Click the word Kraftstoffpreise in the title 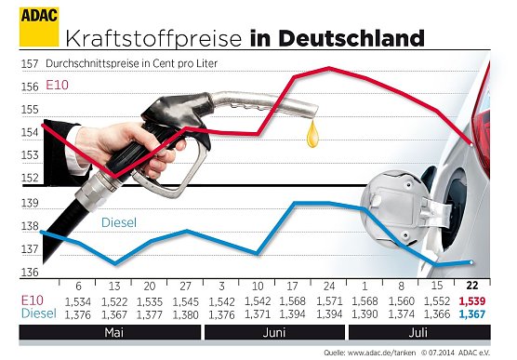point(153,38)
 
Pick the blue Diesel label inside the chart point(118,223)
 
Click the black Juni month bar point(275,331)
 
